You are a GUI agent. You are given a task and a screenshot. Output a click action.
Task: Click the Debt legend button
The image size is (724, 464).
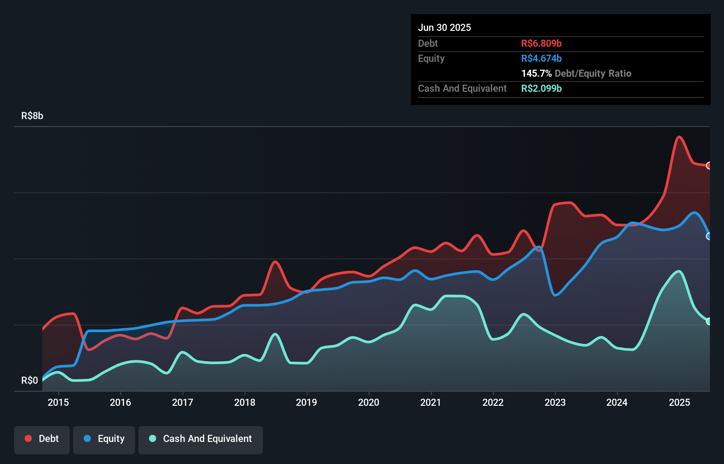42,439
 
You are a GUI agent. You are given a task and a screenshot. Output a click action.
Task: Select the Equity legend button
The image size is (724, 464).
104,439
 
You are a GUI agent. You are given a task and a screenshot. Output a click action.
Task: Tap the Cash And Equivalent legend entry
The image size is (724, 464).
201,439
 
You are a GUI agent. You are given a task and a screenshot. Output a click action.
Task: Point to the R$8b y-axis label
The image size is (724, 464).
32,116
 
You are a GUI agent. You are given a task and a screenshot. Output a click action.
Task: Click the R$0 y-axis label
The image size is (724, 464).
30,381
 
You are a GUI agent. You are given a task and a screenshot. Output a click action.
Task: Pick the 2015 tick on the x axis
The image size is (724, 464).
58,403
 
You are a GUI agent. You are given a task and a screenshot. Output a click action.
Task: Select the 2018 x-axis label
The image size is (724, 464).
245,403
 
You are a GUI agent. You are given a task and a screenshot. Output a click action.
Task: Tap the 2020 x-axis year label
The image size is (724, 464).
369,403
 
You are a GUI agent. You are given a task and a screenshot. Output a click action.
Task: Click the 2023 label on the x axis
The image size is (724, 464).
555,403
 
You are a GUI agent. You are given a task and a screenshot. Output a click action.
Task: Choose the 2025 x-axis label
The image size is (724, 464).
679,403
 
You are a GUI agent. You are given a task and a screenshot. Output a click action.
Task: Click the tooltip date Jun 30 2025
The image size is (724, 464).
444,28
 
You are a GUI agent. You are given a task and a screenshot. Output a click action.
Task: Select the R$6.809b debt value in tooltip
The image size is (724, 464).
541,44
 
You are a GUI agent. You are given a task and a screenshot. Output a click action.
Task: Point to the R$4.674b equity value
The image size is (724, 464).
541,59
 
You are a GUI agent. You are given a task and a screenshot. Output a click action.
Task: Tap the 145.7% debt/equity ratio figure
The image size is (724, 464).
536,74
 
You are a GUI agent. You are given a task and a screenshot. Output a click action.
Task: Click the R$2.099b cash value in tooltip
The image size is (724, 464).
541,89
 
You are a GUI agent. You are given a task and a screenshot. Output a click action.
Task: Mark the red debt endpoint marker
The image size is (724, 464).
709,166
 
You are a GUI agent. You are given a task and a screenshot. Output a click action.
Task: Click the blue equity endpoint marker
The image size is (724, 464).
709,236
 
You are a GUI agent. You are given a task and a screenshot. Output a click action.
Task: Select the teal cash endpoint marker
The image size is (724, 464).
709,322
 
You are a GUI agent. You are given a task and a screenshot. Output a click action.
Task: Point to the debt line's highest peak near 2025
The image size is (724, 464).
679,137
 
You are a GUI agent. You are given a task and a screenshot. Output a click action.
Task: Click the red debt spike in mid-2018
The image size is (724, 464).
275,262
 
